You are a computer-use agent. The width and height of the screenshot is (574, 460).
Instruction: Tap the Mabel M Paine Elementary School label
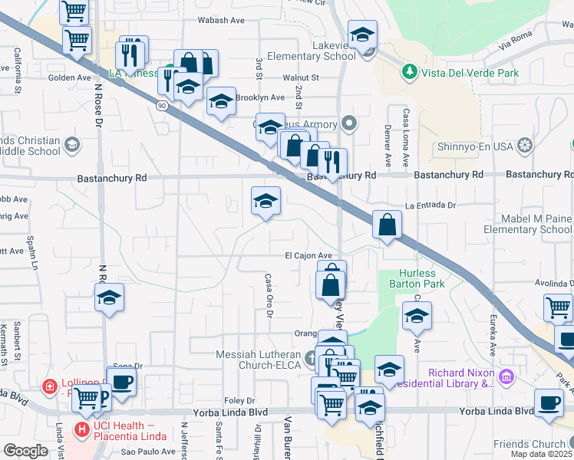[x=526, y=224]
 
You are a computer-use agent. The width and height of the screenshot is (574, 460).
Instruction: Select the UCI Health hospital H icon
[x=81, y=428]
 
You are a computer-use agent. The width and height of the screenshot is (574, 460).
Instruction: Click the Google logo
[x=25, y=450]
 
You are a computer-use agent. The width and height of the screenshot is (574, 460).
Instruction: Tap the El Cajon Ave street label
[x=308, y=255]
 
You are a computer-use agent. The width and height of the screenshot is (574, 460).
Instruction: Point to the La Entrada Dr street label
[x=430, y=205]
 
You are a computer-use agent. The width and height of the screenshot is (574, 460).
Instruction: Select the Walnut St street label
[x=300, y=77]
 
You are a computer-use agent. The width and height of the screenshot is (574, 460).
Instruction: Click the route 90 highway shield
[x=162, y=104]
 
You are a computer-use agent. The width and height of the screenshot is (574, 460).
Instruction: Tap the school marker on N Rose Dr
[x=110, y=297]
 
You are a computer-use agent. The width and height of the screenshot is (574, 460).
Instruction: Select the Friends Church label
[x=529, y=444]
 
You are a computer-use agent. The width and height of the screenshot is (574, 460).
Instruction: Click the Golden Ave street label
[x=70, y=77]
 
